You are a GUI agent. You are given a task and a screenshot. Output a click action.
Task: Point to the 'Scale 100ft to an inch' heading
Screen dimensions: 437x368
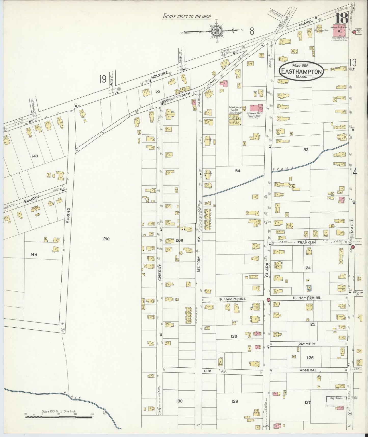tap(187, 17)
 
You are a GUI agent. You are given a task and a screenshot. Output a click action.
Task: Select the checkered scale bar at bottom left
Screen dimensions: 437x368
tap(59, 417)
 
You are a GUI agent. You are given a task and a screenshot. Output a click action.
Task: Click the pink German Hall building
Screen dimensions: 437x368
tap(257, 108)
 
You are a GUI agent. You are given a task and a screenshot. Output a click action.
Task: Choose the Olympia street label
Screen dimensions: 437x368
tap(307, 343)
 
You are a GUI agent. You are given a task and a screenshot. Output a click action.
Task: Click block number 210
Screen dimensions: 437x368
tap(106, 239)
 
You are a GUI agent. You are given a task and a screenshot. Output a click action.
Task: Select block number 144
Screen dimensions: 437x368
tap(34, 254)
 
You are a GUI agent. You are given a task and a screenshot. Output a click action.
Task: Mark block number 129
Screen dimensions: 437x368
tap(235, 401)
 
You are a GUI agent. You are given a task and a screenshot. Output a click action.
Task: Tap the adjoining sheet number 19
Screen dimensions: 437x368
tap(103, 79)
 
